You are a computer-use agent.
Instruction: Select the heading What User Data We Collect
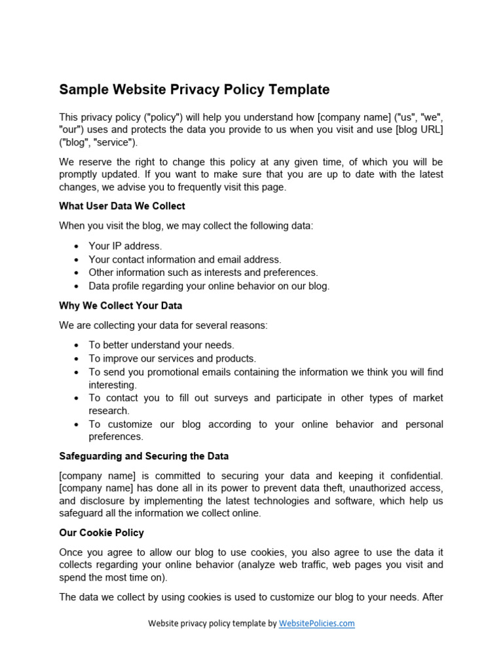pos(122,206)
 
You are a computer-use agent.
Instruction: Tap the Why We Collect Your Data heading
pos(121,306)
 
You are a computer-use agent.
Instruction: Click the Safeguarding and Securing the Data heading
pos(143,456)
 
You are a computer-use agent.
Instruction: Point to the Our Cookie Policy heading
pos(102,533)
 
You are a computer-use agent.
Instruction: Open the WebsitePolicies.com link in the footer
pos(316,624)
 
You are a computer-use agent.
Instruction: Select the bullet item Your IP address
pos(125,246)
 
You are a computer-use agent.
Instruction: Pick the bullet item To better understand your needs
pos(161,345)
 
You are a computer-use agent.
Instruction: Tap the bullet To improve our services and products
pos(172,358)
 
